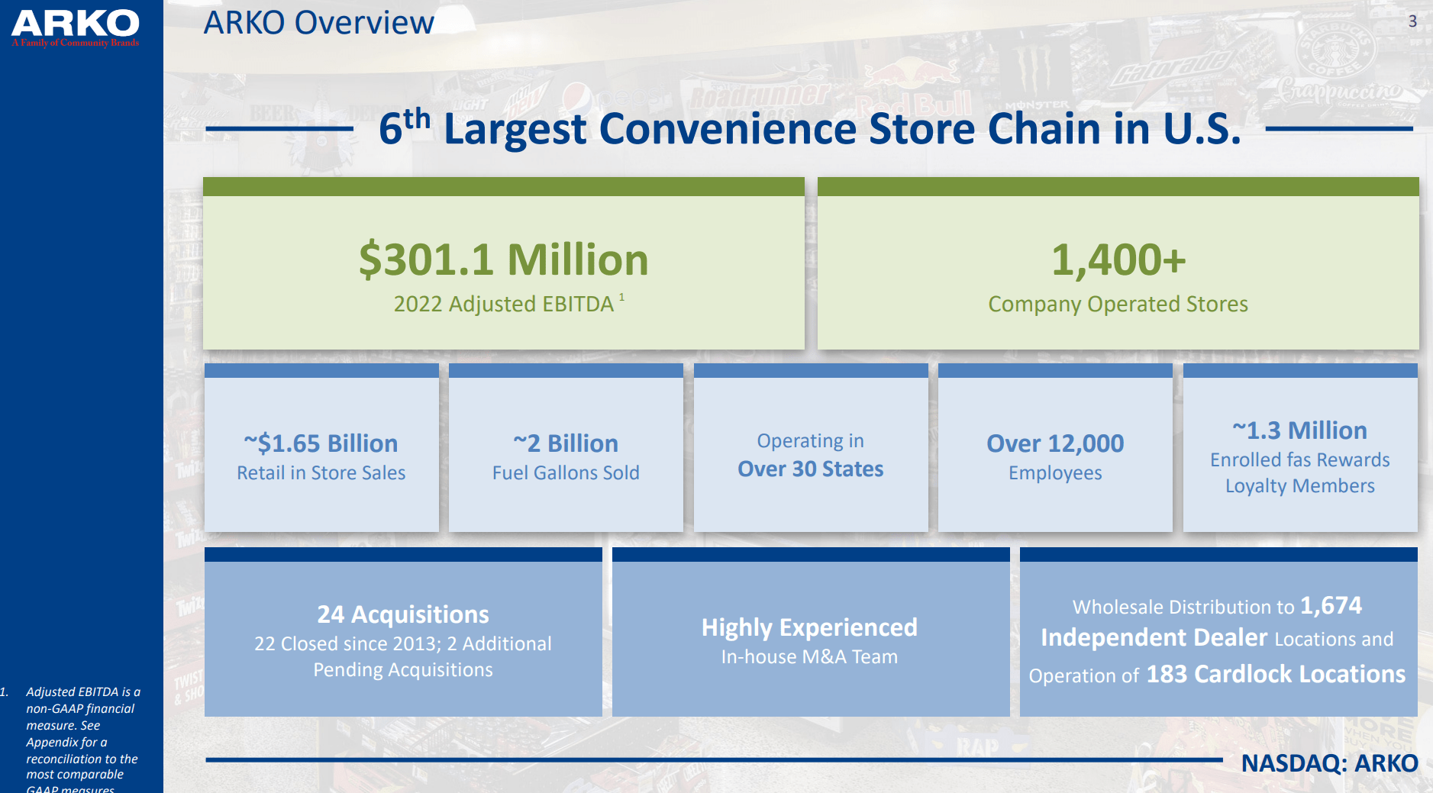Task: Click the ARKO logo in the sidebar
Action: point(75,27)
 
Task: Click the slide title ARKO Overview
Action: point(318,23)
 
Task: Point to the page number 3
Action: point(1412,21)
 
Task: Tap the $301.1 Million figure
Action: point(503,259)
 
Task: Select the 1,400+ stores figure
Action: point(1118,259)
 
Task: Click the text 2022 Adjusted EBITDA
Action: point(503,304)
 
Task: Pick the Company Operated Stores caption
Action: point(1118,304)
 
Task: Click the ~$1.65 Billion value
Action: point(321,443)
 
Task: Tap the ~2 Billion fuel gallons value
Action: point(566,443)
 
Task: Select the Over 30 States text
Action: point(810,469)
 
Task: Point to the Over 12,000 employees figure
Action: point(1055,443)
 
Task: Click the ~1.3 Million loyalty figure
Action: point(1299,430)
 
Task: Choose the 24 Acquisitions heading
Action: point(403,614)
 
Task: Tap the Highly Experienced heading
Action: point(809,627)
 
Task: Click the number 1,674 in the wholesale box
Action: point(1331,605)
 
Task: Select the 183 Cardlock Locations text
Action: point(1275,674)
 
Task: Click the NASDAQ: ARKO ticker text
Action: point(1329,762)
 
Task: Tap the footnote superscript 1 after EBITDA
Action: point(621,297)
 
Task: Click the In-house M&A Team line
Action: point(809,656)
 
